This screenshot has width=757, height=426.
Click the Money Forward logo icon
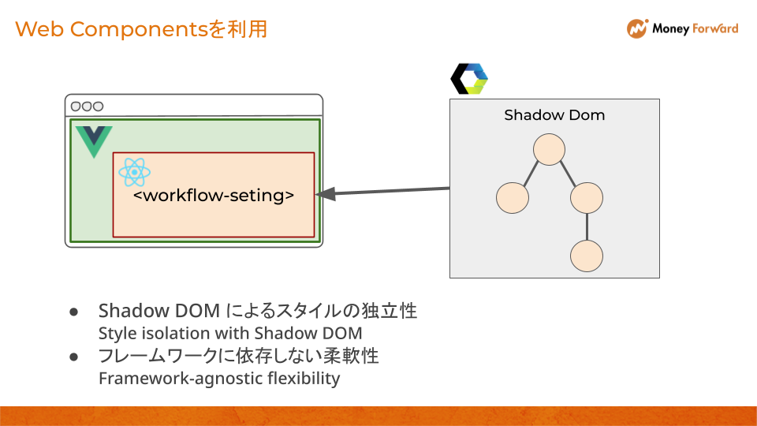(637, 28)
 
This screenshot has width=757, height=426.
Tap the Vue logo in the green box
(94, 141)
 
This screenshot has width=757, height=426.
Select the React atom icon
(134, 172)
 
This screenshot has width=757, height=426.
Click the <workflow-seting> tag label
(214, 195)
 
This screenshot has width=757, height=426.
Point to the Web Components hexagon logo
(469, 78)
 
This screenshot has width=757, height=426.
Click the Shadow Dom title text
(554, 115)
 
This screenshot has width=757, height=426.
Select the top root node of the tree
(549, 150)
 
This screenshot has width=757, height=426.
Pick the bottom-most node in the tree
(587, 256)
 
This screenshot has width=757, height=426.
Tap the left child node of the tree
(513, 197)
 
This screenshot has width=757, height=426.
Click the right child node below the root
(587, 197)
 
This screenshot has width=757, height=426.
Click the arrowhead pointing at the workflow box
(326, 194)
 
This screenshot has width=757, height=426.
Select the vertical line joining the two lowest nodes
(587, 227)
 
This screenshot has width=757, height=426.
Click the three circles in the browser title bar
(87, 106)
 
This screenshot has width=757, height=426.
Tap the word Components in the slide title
(139, 29)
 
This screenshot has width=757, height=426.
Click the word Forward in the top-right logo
(715, 28)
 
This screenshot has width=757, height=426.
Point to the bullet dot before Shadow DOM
(74, 312)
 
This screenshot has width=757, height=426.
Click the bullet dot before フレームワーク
(74, 357)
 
